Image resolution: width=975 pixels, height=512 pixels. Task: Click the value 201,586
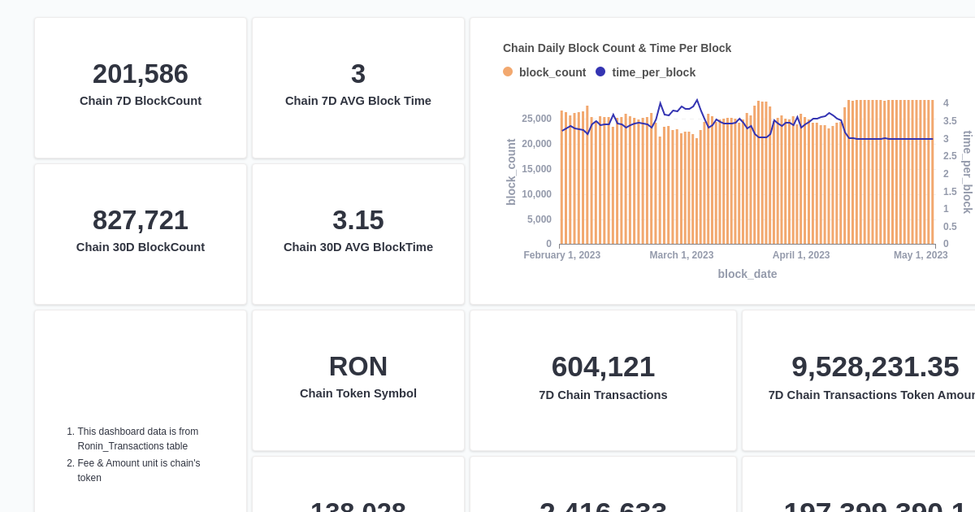(x=141, y=74)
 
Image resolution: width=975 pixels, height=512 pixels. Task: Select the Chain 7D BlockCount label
(x=141, y=101)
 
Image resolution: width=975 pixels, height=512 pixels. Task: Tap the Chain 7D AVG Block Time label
(x=358, y=101)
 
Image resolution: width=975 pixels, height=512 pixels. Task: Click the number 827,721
(x=141, y=220)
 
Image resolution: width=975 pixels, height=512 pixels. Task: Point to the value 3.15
(x=358, y=220)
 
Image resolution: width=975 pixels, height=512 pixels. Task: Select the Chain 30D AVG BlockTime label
(x=358, y=247)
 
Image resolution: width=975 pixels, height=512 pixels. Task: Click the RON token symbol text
(x=358, y=367)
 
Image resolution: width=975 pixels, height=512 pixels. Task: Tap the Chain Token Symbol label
(x=358, y=393)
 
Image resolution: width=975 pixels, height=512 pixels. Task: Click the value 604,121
(x=603, y=367)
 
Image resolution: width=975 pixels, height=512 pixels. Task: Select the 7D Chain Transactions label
(x=603, y=395)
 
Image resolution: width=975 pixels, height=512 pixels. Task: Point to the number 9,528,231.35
(x=875, y=367)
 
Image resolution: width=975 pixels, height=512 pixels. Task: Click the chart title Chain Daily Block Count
(x=617, y=48)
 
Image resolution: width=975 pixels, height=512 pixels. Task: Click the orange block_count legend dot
(x=508, y=72)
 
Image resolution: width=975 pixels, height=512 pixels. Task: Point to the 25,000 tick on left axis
(x=536, y=119)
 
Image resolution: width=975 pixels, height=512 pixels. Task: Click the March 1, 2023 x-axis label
(x=681, y=255)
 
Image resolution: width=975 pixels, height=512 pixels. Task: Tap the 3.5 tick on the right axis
(x=950, y=121)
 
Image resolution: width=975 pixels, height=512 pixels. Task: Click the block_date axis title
(x=747, y=274)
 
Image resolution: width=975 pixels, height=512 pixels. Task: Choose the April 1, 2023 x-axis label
(x=801, y=255)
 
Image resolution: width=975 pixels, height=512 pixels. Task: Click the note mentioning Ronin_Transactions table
(x=137, y=439)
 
